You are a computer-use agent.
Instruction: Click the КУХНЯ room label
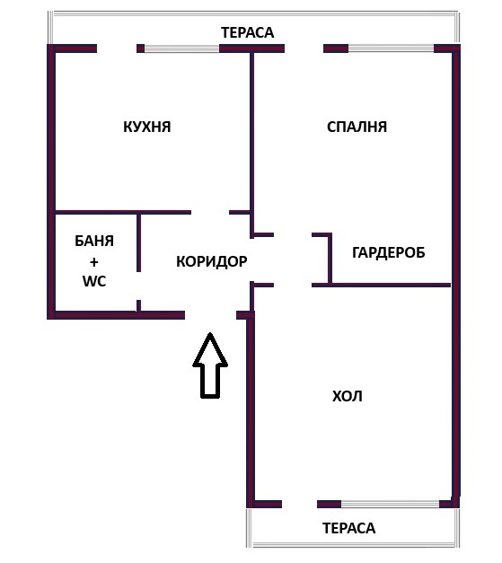coord(146,128)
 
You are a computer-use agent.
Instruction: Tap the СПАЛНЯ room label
coord(357,128)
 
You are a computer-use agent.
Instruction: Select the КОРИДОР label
coord(211,262)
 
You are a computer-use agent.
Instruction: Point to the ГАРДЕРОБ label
coord(388,252)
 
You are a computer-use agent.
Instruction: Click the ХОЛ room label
coord(348,396)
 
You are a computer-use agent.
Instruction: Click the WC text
coord(94,281)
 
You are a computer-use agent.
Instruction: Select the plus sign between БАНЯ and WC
coord(93,262)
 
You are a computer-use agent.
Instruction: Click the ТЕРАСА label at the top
coord(247,32)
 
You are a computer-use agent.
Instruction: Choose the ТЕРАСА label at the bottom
coord(348,529)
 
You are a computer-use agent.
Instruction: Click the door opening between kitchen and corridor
coord(210,213)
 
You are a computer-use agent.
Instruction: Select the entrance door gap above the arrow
coord(210,315)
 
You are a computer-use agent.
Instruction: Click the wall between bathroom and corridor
coord(138,242)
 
